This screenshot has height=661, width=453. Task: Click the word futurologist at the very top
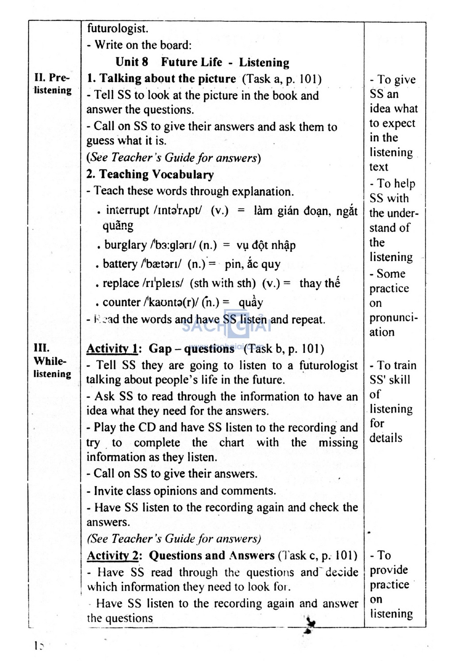point(117,29)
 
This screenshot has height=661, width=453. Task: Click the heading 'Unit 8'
point(131,62)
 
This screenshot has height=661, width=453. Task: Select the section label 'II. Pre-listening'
point(53,84)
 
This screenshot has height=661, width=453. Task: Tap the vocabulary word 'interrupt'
point(127,210)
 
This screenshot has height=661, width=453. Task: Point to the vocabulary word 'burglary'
point(125,245)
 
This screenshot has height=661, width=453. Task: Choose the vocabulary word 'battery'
point(120,264)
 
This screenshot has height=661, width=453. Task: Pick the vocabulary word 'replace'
point(120,283)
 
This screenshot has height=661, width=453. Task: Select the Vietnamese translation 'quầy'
point(251,302)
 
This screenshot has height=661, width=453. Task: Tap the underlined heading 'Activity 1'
point(112,348)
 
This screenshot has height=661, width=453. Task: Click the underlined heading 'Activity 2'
point(112,555)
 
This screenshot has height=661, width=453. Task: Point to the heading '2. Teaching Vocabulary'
point(150,174)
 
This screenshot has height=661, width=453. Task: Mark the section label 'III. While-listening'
point(52,361)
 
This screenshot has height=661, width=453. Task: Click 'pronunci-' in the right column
point(393,318)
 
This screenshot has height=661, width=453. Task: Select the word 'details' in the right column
point(386,438)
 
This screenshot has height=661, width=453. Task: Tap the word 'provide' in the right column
point(389,570)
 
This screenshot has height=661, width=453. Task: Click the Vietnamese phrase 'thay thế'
point(319,283)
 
